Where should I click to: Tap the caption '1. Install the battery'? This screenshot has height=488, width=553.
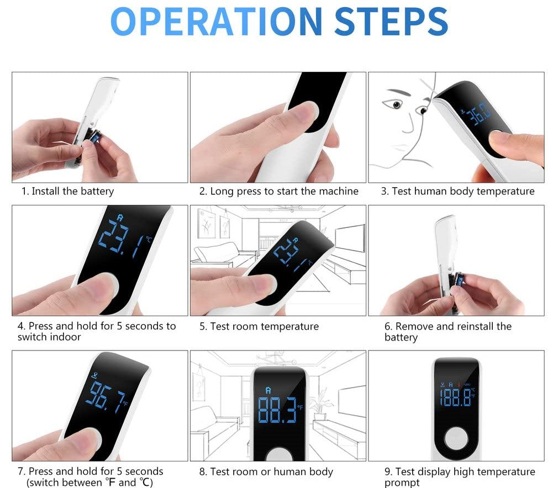[x=67, y=192]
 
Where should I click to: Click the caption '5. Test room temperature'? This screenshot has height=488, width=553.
[x=259, y=326]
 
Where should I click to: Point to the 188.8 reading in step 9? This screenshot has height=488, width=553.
[x=455, y=396]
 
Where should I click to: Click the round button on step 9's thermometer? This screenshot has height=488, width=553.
[x=456, y=441]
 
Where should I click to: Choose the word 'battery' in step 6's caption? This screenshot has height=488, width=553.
[x=401, y=337]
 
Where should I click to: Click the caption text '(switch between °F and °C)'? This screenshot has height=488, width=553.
[x=89, y=482]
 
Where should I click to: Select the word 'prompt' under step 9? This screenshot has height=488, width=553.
[x=402, y=482]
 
